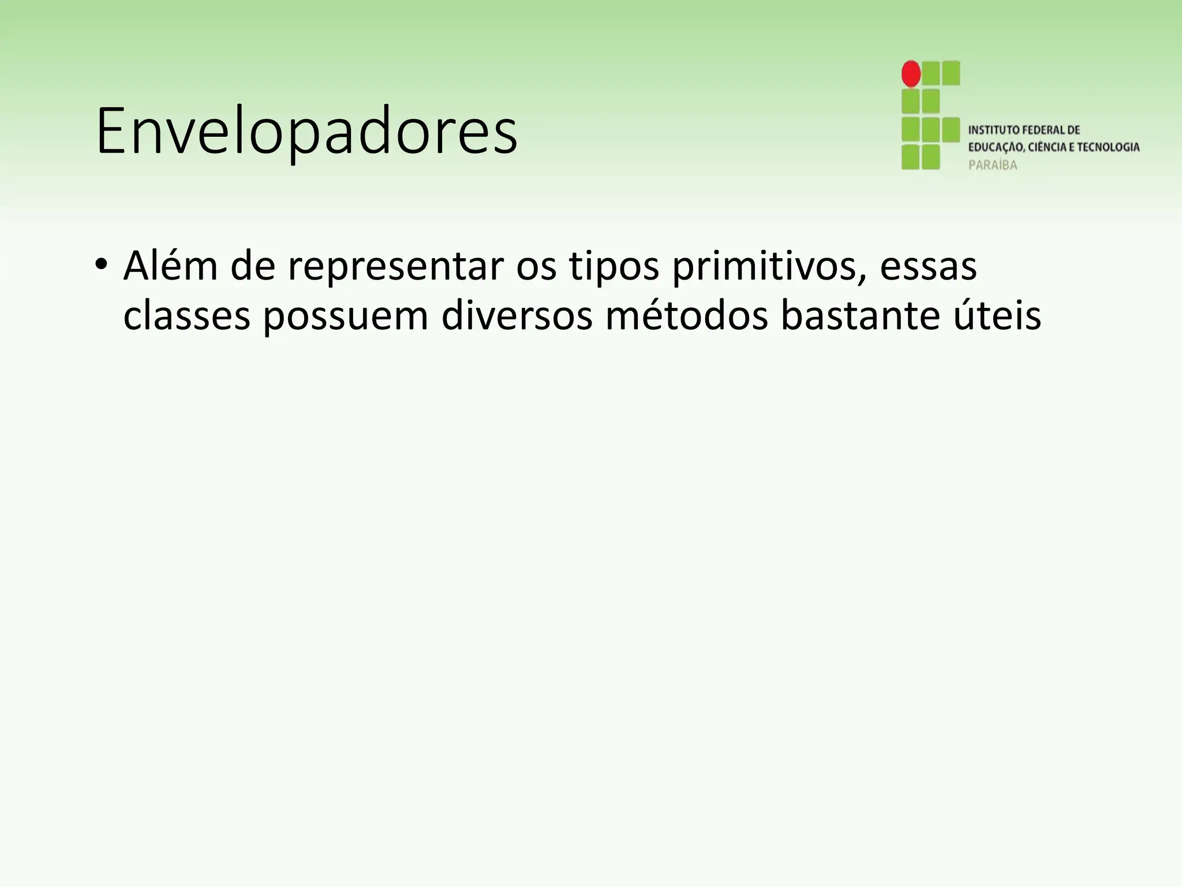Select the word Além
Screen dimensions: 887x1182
tap(170, 266)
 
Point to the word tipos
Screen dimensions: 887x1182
tap(614, 267)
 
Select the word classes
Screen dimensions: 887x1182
tap(186, 316)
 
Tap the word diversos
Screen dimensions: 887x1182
tap(517, 316)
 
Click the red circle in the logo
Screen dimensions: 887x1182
tap(911, 74)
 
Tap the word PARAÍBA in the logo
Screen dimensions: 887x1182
tap(993, 165)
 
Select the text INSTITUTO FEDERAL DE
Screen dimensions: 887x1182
tap(1024, 130)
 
